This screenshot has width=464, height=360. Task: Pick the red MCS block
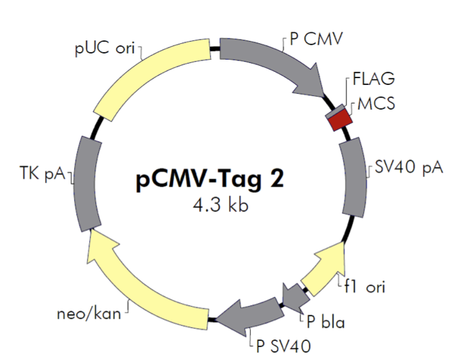click(339, 121)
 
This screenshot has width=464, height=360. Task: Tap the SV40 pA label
click(409, 167)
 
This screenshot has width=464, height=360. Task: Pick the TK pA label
click(41, 174)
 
